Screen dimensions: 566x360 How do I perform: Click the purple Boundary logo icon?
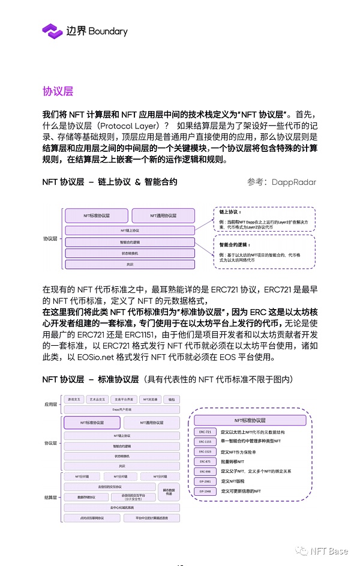[x=52, y=31]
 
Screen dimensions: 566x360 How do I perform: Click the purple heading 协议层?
[x=58, y=91]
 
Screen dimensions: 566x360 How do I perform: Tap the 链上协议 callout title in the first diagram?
[x=230, y=212]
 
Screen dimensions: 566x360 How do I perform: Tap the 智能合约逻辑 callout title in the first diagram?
[x=235, y=245]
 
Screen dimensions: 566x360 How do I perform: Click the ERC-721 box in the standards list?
[x=205, y=432]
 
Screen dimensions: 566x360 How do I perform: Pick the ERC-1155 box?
[x=205, y=442]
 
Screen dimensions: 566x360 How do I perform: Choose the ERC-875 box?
[x=205, y=462]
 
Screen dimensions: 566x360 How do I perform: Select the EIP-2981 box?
[x=205, y=481]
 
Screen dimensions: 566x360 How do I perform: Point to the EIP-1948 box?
[x=205, y=491]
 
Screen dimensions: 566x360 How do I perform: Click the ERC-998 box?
[x=205, y=471]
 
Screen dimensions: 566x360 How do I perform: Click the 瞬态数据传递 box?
[x=168, y=492]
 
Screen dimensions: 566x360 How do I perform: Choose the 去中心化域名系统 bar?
[x=121, y=508]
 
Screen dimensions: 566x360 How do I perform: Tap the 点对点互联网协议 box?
[x=92, y=518]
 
